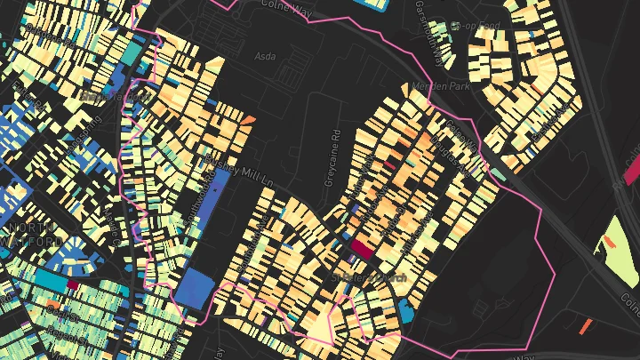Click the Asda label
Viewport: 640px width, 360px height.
(265, 56)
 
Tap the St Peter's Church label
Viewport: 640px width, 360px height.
(369, 278)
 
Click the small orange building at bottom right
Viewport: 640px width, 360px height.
(585, 326)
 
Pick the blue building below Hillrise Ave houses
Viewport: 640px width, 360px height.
(406, 310)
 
